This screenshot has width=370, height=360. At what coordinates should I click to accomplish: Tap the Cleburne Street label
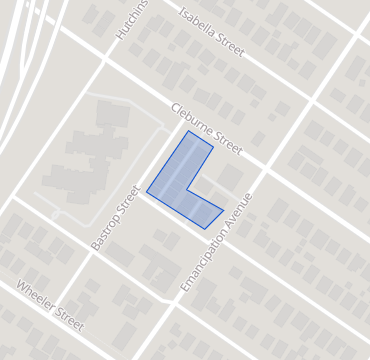coord(206,127)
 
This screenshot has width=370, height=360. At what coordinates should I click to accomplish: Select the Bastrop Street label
coord(114,217)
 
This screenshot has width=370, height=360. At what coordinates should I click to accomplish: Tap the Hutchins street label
coord(131,20)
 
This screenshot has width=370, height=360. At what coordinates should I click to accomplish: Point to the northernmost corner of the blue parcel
coord(187,131)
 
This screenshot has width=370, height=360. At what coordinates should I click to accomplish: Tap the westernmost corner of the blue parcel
coord(147,191)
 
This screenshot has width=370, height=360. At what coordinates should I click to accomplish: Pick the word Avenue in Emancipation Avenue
coord(237,213)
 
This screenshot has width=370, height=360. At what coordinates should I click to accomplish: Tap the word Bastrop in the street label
coord(105,229)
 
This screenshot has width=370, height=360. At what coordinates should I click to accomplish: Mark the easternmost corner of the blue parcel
coord(223,211)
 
